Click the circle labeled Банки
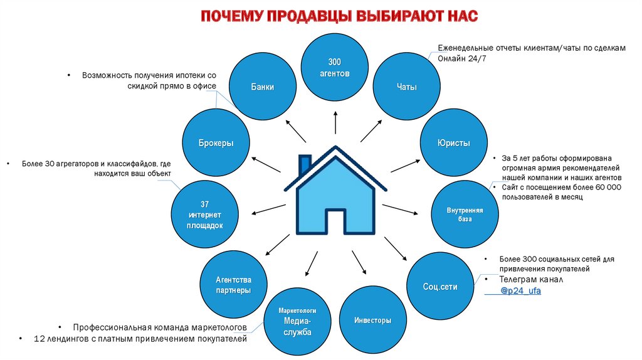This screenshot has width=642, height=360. pos(262,87)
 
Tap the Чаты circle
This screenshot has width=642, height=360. pos(407,87)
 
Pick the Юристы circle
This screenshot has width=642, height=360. pos(453,143)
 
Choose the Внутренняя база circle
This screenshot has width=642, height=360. pos(464,214)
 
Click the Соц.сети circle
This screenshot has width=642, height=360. pos(440,286)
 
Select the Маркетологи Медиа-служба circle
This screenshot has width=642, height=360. pos(297,320)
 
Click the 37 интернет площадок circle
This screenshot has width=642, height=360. pos(204,214)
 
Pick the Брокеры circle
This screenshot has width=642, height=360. pos(216,143)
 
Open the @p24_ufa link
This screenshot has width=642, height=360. pos(520,292)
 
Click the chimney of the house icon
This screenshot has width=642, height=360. pos(305,164)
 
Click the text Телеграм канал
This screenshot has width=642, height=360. pos(532,279)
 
